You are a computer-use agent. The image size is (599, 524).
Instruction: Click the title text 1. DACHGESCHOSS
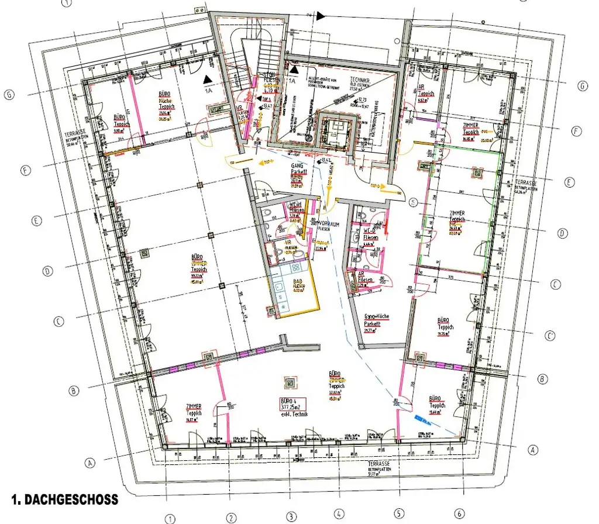pos(64,500)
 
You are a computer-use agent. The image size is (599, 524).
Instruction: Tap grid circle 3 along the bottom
pos(291,516)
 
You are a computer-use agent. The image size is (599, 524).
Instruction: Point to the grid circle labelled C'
pos(550,336)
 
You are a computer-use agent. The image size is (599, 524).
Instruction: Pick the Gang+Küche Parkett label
pos(376,319)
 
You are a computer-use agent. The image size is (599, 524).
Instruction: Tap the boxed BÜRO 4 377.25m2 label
pos(292,406)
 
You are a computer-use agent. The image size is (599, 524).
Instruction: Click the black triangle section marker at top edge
pos(321,16)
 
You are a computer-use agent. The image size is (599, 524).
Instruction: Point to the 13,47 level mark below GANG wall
pos(325,160)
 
